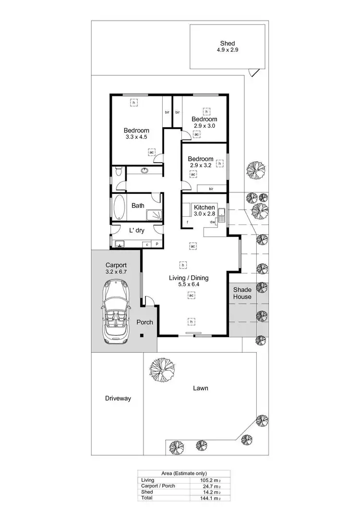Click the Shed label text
tap(228, 43)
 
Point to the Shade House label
tap(242, 293)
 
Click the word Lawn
tap(200, 388)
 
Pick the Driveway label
tap(118, 398)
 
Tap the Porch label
tap(144, 322)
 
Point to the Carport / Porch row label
tap(157, 485)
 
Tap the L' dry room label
tap(137, 230)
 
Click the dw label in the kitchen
tap(212, 222)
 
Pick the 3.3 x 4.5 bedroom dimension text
tap(136, 137)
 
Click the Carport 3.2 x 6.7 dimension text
tap(116, 272)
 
